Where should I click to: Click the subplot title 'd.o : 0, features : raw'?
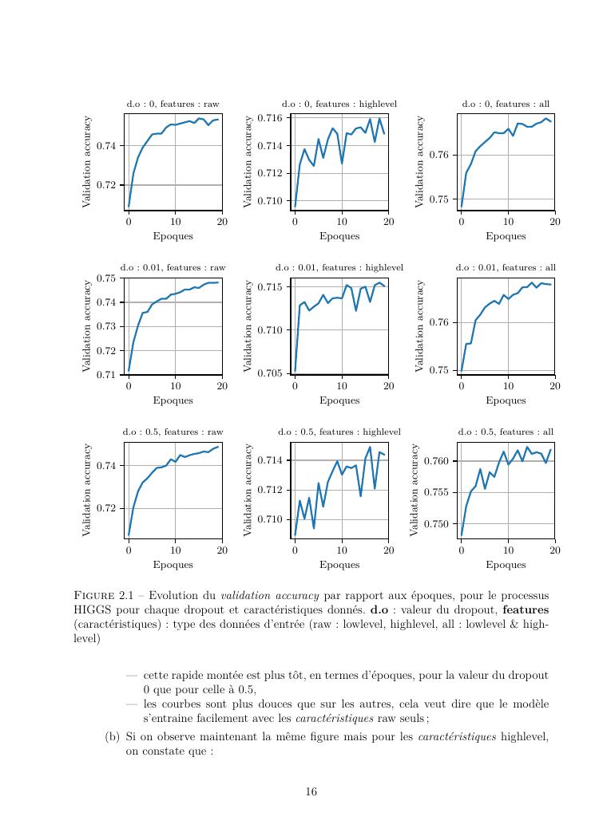[173, 105]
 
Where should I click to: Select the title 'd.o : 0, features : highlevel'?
[339, 105]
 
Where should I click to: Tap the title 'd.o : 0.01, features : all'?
[506, 268]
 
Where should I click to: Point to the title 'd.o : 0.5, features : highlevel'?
[339, 432]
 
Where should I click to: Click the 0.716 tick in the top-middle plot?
[273, 118]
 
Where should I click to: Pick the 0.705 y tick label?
[273, 373]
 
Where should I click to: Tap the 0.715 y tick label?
[273, 286]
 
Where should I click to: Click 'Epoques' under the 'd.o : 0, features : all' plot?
[506, 236]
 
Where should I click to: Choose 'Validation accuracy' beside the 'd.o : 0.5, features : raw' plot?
[86, 490]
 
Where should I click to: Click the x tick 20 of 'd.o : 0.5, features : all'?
[554, 550]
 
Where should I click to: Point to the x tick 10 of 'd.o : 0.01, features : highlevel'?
[342, 386]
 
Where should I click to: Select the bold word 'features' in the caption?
[526, 610]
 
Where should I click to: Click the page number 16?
[311, 792]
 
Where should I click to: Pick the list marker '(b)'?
[112, 736]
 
